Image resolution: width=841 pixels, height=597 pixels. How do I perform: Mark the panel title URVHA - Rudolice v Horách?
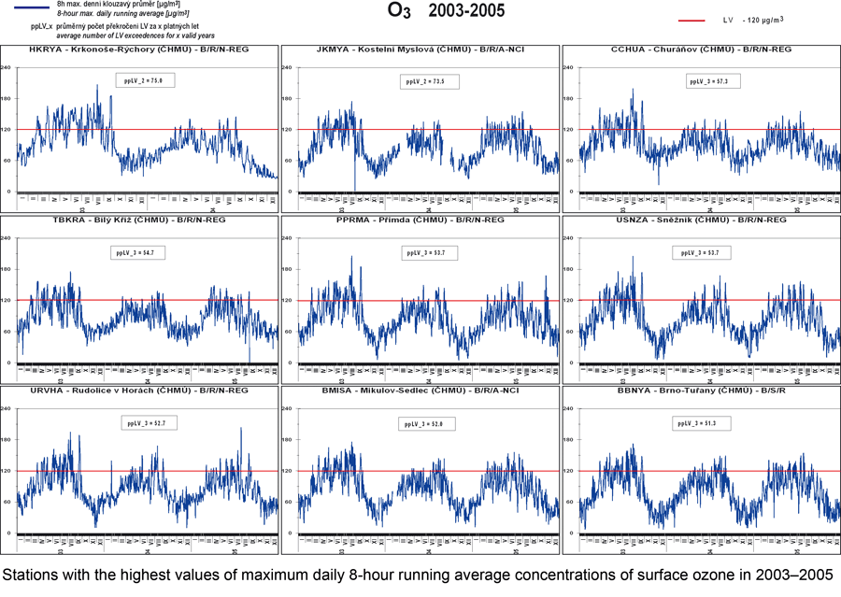tap(138, 391)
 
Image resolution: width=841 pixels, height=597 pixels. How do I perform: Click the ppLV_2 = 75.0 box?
tap(145, 81)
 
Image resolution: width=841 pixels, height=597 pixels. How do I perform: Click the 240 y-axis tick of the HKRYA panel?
tap(8, 67)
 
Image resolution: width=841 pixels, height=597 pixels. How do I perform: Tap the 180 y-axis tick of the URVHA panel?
tap(8, 440)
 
